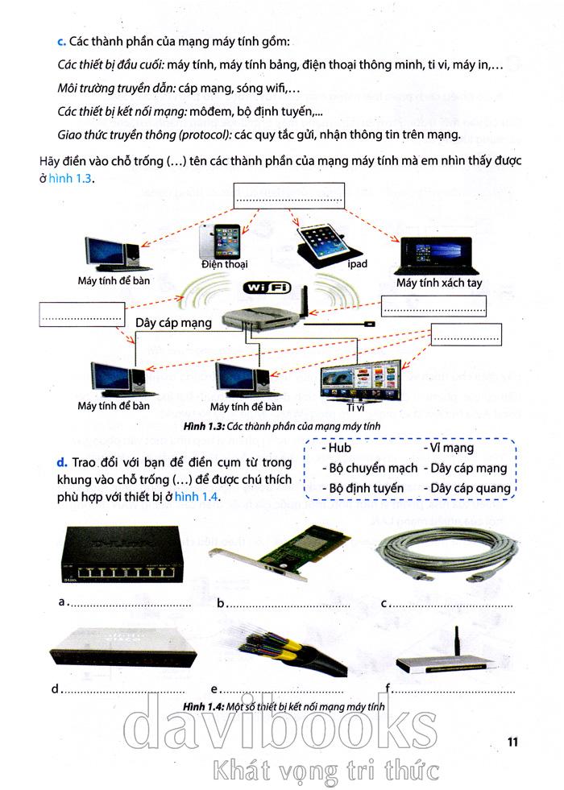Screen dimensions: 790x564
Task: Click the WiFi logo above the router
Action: coord(266,287)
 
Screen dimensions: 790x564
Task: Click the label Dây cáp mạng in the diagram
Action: coord(173,323)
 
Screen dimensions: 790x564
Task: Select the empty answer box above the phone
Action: coord(288,196)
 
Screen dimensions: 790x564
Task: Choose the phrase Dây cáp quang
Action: coord(469,488)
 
